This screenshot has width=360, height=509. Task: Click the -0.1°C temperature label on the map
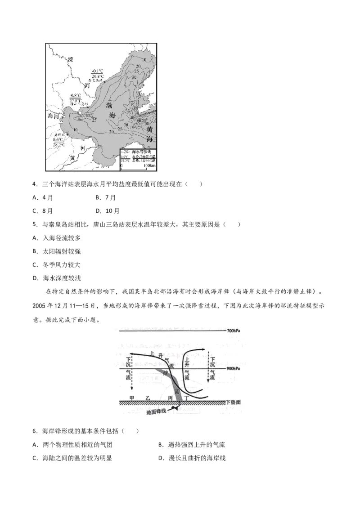97,71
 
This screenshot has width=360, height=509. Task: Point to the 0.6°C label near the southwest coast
58,139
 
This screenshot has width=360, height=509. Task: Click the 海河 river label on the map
54,116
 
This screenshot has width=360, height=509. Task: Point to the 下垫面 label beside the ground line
236,402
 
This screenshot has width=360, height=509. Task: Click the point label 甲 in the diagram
132,397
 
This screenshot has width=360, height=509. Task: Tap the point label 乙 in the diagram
148,397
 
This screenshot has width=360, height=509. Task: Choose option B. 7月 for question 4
106,197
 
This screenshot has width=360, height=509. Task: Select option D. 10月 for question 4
107,211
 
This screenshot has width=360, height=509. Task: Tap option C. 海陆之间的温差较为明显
72,458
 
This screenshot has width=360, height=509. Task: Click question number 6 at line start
35,431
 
